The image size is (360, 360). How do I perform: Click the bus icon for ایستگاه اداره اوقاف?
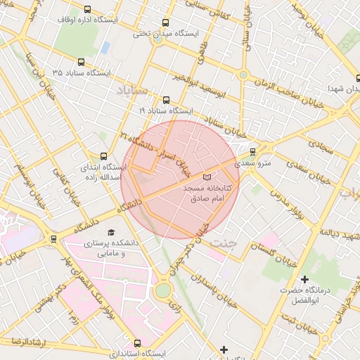click(x=86, y=10)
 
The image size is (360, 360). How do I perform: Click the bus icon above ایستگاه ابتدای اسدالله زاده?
click(x=104, y=156)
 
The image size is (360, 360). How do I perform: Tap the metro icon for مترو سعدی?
click(x=252, y=151)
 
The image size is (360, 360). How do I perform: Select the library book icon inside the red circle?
click(x=206, y=177)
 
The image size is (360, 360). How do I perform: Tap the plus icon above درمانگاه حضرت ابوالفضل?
click(x=304, y=280)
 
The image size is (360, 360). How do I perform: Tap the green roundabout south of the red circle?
click(x=163, y=290)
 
